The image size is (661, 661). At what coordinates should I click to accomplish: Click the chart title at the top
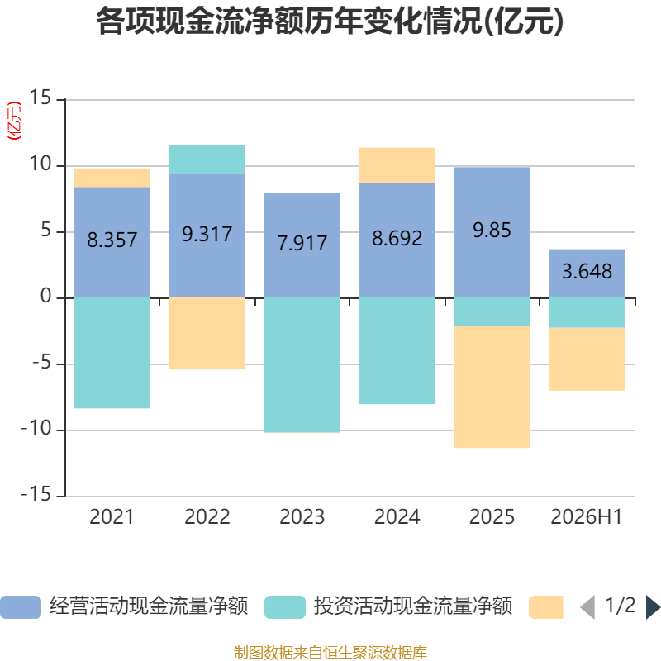(x=330, y=21)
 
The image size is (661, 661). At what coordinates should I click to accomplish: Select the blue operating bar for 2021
(x=112, y=242)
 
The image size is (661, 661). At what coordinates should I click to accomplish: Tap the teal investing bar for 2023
(x=302, y=365)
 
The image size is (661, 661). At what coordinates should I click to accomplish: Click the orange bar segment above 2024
(x=397, y=164)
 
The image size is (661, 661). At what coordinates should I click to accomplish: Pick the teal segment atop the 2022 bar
(x=207, y=159)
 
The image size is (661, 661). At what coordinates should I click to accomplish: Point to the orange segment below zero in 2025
(x=492, y=387)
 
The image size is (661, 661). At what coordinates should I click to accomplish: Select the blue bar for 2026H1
(x=587, y=273)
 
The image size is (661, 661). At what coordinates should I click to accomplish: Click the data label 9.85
(x=492, y=231)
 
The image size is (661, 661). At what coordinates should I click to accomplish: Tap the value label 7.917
(x=302, y=243)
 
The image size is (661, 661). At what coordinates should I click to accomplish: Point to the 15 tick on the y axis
(x=40, y=97)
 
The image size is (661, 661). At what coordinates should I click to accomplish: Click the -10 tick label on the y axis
(x=36, y=429)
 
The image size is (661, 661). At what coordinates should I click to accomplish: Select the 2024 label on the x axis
(x=397, y=517)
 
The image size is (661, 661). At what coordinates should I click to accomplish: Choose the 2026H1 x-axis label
(x=587, y=517)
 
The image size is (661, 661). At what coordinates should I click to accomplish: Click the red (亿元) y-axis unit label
(x=14, y=121)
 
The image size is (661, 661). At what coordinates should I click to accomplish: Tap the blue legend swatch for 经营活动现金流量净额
(x=21, y=607)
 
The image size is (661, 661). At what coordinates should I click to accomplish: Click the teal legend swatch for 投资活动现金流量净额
(x=285, y=607)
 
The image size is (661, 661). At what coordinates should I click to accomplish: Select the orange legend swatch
(x=546, y=607)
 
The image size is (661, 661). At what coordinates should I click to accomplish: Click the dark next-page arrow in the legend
(x=653, y=607)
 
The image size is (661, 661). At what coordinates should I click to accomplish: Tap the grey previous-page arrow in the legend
(x=588, y=607)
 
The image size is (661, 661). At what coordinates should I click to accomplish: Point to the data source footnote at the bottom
(x=330, y=652)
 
